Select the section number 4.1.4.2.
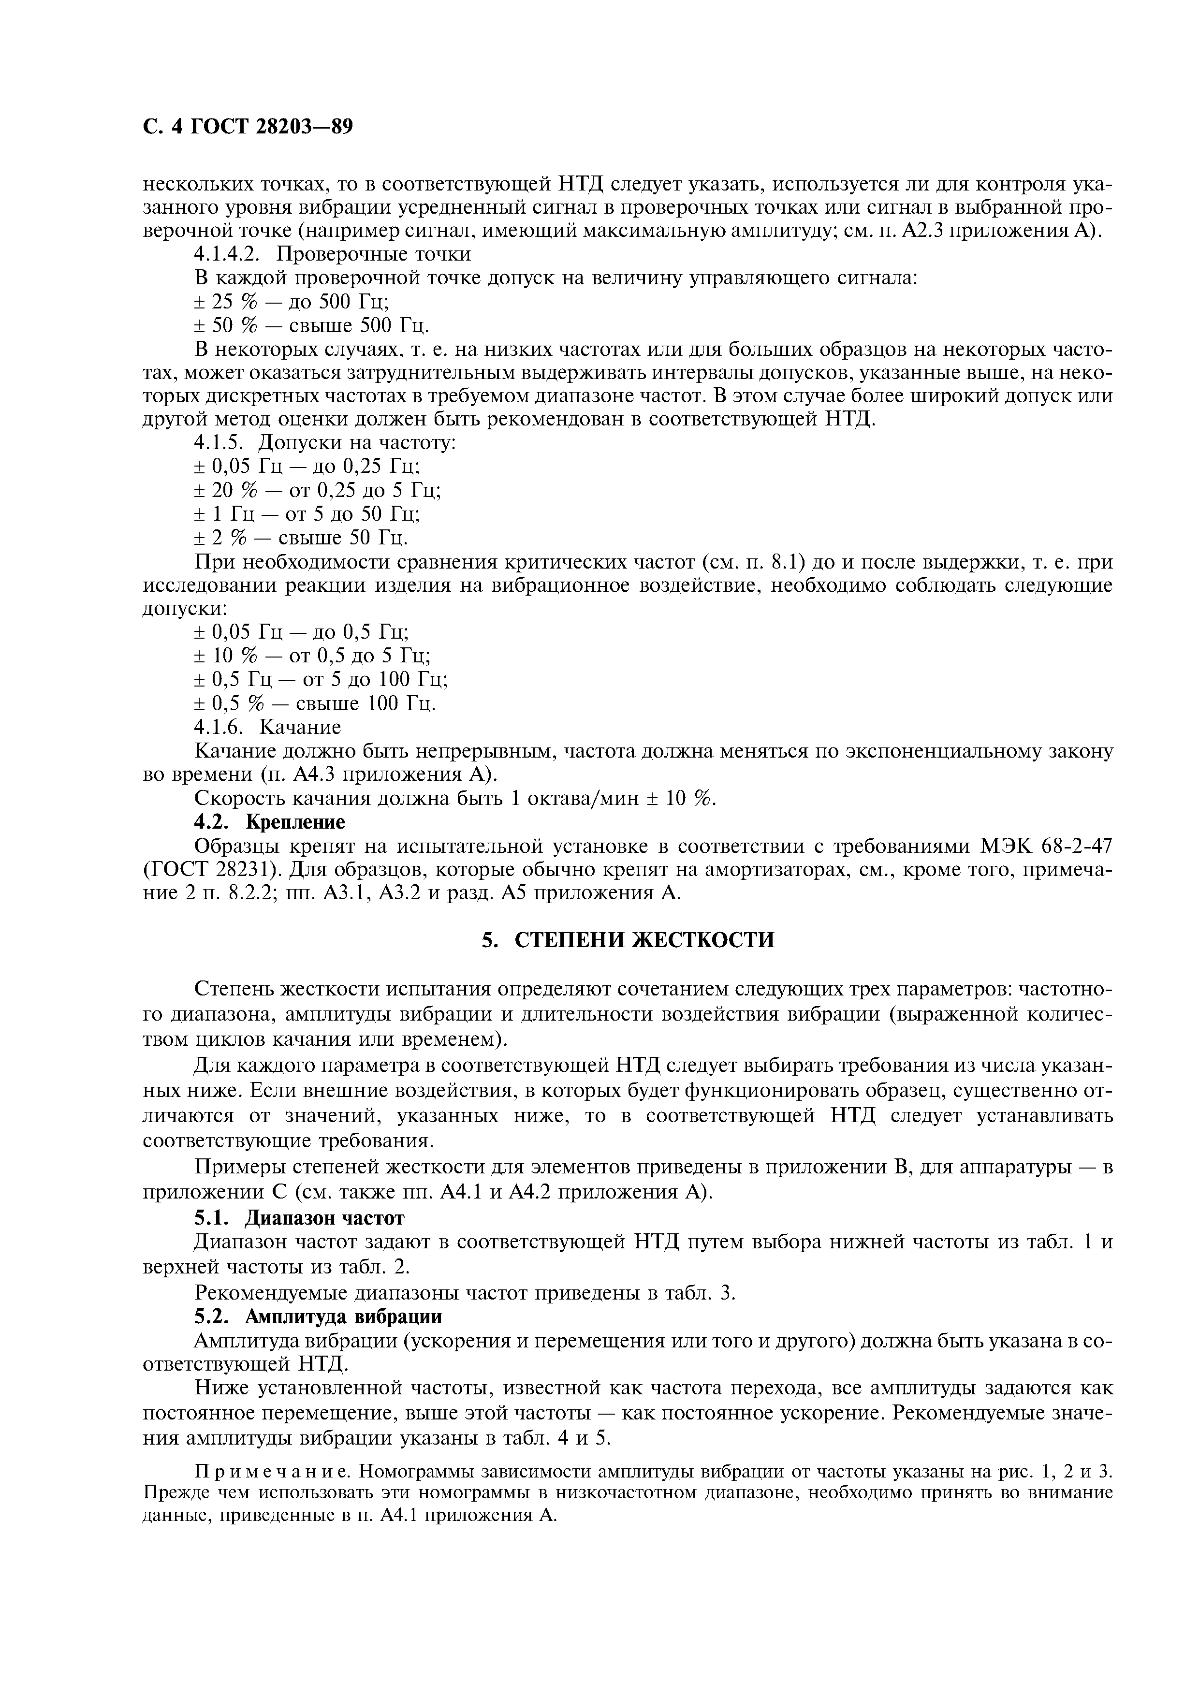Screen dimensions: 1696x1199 pos(228,254)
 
